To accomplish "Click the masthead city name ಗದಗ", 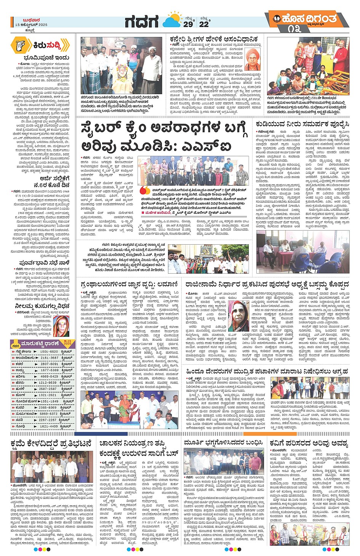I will coord(142,22).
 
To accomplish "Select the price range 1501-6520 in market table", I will coord(49,352).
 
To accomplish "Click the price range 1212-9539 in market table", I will coord(48,382).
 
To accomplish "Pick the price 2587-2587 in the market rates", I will coord(48,389).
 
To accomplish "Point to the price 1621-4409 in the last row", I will coord(49,426).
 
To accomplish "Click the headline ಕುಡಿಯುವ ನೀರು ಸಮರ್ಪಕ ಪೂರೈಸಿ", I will coord(302,124).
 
